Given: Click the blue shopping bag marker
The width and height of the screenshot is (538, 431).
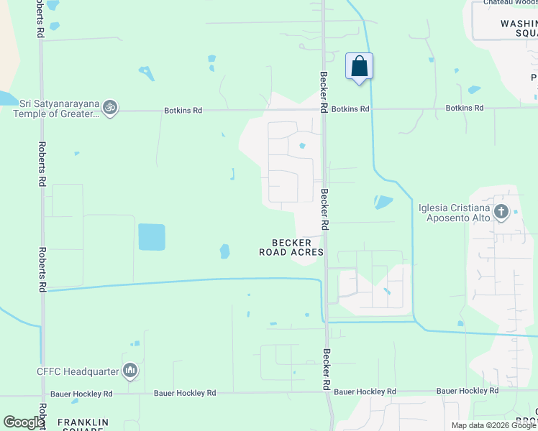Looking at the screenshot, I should tap(359, 67).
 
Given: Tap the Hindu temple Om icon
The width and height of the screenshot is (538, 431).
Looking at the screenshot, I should tap(110, 108).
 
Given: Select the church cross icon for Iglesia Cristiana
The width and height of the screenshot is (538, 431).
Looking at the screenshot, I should tap(501, 212).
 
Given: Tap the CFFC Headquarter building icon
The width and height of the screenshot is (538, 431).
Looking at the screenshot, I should tap(130, 371).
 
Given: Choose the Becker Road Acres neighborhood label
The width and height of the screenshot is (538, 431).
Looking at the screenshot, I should tap(291, 248).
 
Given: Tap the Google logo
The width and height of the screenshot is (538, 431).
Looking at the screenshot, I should tap(23, 422).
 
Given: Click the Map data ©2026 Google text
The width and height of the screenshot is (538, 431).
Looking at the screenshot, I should tap(493, 425).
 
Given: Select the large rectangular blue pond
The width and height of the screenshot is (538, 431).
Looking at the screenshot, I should tap(151, 237).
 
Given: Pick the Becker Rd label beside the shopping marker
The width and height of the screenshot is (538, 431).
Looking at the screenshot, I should tap(324, 90).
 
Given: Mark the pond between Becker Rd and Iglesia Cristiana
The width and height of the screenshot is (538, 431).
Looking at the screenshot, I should tap(383, 203).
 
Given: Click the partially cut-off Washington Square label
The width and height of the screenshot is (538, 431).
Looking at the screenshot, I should tap(519, 28).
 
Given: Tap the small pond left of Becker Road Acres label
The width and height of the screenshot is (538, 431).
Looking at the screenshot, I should tap(224, 251).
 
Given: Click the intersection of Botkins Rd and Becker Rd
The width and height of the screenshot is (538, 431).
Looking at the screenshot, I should tap(323, 110).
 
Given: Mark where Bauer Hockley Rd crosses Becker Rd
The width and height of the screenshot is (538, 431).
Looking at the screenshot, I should tap(327, 392).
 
